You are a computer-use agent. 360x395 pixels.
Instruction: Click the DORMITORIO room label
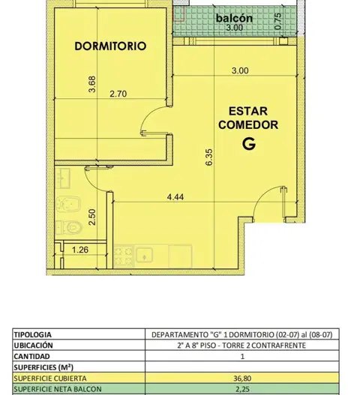[x=110, y=46]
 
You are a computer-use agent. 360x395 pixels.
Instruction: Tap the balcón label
[x=234, y=18]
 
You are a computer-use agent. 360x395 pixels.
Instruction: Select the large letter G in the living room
[x=249, y=144]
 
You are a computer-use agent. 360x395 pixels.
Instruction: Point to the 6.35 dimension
[x=209, y=157]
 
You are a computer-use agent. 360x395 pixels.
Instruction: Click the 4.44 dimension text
[x=175, y=197]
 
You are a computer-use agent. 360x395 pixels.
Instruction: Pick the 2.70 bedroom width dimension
[x=118, y=94]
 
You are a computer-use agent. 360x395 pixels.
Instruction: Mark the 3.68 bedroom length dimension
[x=92, y=84]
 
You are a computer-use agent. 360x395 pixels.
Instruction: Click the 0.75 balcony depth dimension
[x=277, y=22]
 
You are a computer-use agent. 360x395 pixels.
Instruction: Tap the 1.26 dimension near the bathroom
[x=80, y=250]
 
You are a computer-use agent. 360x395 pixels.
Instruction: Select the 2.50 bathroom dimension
[x=92, y=217]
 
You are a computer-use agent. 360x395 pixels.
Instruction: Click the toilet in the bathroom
[x=69, y=227]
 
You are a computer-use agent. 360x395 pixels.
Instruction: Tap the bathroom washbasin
[x=63, y=178]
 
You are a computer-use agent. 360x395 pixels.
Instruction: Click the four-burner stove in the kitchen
[x=123, y=256]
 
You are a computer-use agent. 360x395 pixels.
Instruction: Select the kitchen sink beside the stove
[x=144, y=255]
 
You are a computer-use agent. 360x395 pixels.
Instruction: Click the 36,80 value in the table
[x=242, y=379]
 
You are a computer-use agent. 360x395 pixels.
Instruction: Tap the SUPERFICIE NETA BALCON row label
[x=58, y=389]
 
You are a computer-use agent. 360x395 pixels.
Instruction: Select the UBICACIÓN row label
[x=33, y=345]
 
